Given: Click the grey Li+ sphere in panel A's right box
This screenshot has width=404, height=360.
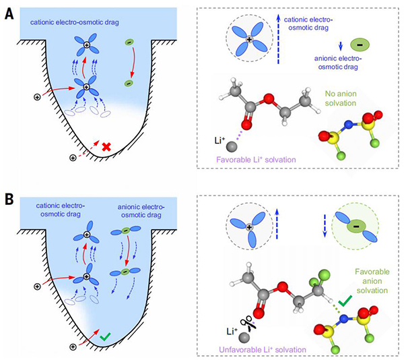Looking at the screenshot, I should click(232, 144).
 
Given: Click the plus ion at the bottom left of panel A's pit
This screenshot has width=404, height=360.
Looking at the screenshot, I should click(73, 158).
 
